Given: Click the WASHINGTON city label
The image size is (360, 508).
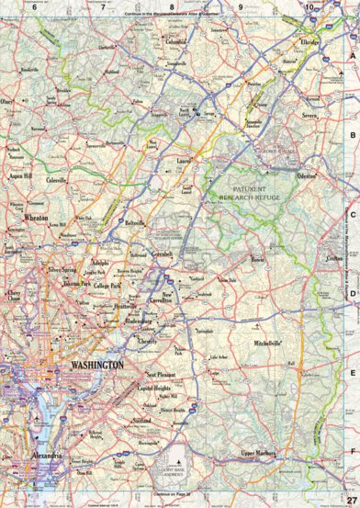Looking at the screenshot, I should [96, 365].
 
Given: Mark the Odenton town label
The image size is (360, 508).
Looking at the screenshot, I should [305, 175].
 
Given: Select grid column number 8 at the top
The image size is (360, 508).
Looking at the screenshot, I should [171, 6].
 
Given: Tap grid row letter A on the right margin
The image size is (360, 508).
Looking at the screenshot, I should [352, 55].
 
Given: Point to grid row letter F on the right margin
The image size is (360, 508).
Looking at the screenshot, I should [352, 452].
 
